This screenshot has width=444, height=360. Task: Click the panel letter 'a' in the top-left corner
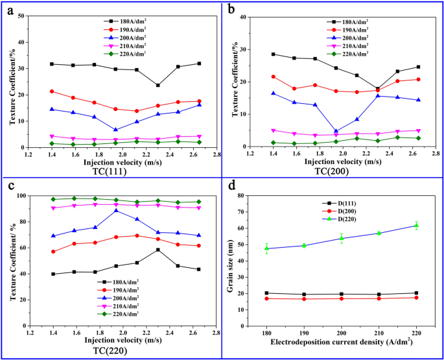[9, 9]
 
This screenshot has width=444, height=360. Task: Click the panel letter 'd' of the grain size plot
[232, 186]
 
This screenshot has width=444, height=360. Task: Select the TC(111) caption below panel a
[119, 171]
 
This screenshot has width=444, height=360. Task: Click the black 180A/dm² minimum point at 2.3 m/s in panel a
[158, 85]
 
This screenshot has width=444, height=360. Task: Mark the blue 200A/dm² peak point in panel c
[116, 210]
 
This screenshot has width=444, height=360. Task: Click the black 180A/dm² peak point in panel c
[158, 250]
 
